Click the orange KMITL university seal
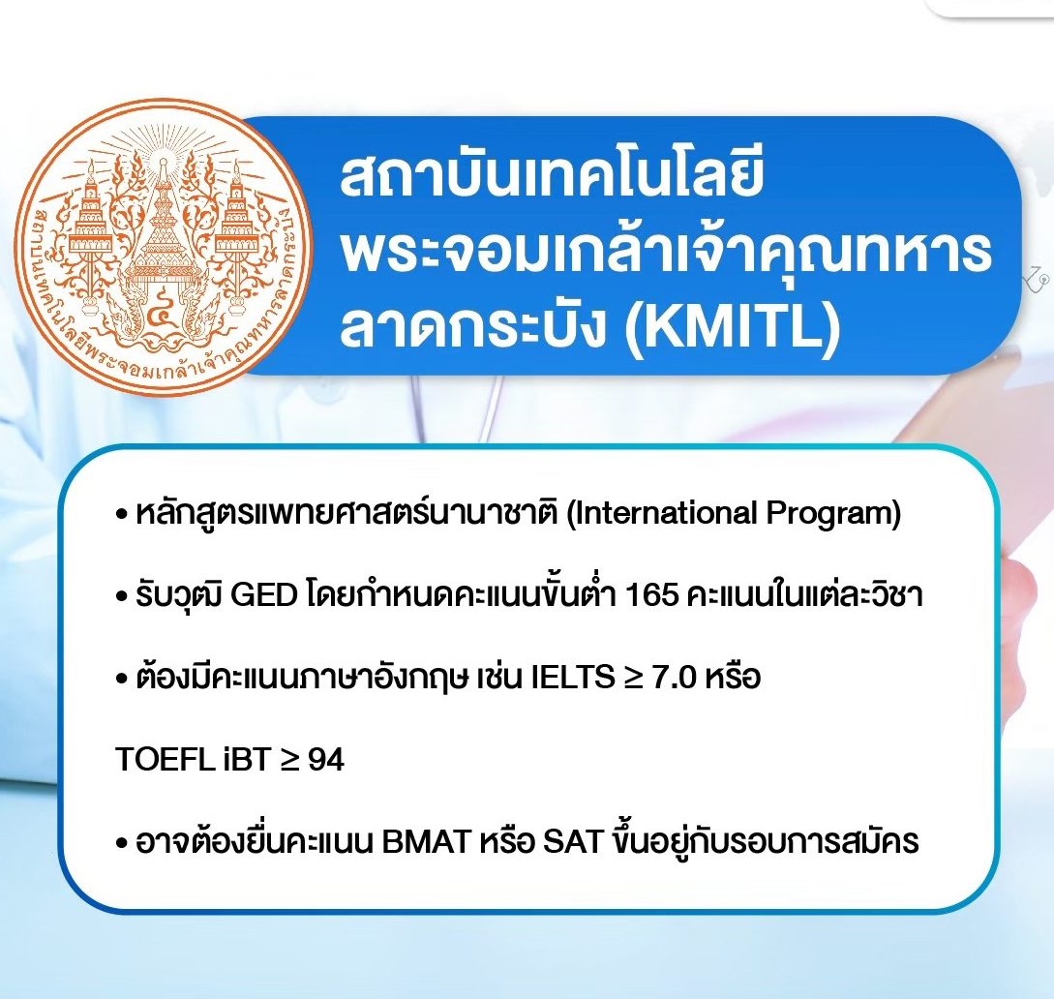(x=164, y=247)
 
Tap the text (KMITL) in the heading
(x=733, y=327)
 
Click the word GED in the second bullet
(x=264, y=595)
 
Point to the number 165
(x=651, y=595)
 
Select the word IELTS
(x=573, y=677)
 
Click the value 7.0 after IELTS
(x=675, y=677)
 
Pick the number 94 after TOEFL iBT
(x=326, y=760)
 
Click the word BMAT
(x=426, y=842)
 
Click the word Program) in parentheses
(x=833, y=514)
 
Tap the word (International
(x=662, y=513)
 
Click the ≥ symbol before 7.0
(x=633, y=678)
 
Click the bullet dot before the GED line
(x=122, y=597)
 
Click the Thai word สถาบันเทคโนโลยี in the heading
(x=552, y=176)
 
